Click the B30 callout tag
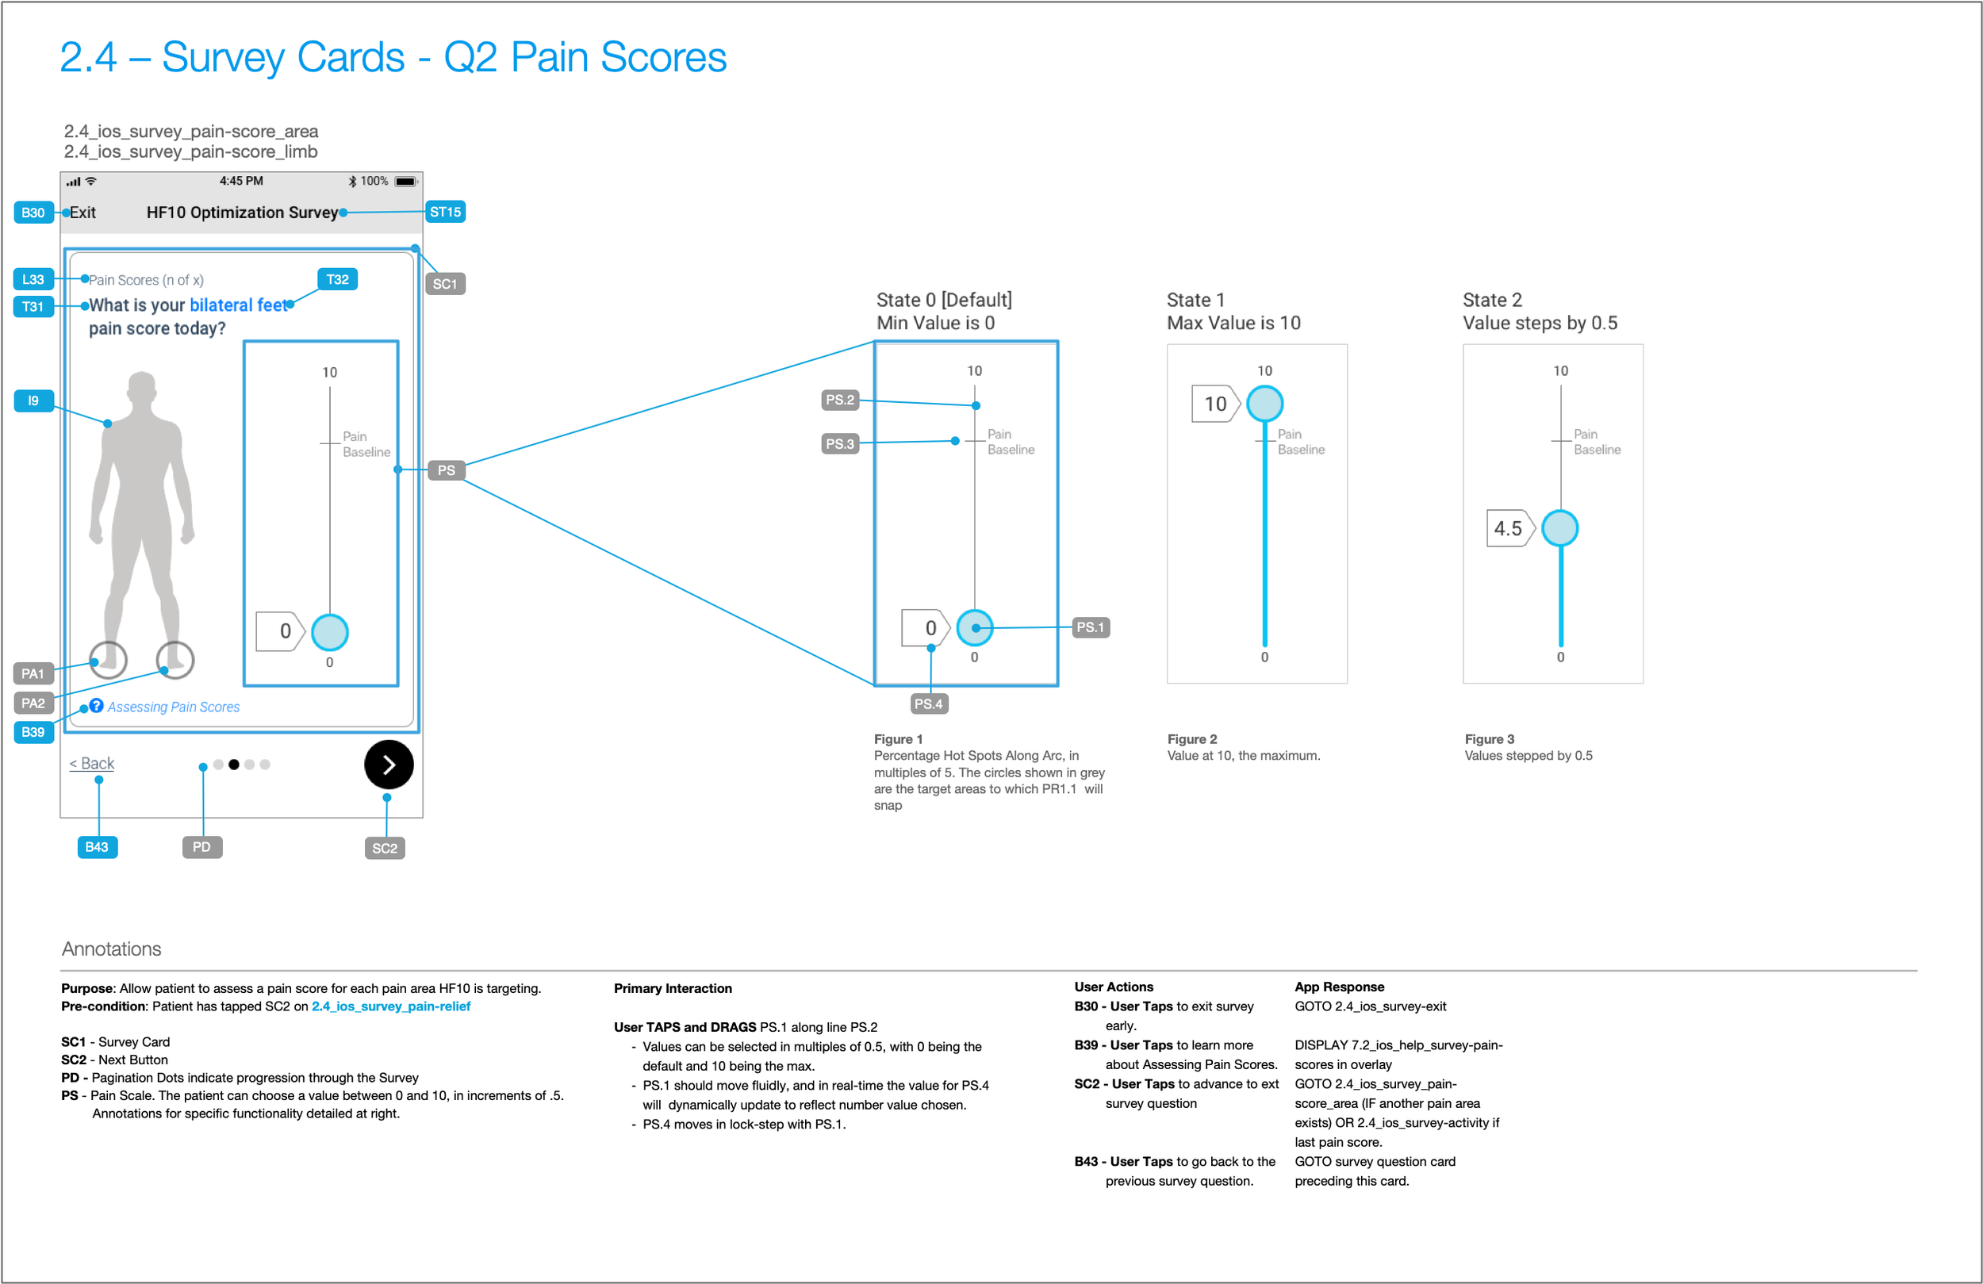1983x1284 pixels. (33, 213)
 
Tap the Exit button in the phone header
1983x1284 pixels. (82, 213)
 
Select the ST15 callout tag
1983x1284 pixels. (445, 212)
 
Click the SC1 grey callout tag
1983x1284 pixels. (445, 283)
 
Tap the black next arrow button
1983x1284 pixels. (389, 764)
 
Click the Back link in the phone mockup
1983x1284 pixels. (92, 763)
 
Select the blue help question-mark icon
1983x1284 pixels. (97, 706)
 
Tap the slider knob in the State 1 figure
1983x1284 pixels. (1265, 404)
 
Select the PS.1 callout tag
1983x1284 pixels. (1090, 627)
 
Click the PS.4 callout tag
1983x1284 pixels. (928, 704)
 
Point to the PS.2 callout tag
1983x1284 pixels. (840, 400)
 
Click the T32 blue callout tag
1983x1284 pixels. (337, 279)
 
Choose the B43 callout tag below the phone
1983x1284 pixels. (97, 847)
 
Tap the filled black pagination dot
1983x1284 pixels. (234, 764)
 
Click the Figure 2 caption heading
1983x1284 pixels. (1192, 739)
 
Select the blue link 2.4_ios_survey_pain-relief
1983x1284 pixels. (391, 1006)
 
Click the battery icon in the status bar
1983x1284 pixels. (406, 181)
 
